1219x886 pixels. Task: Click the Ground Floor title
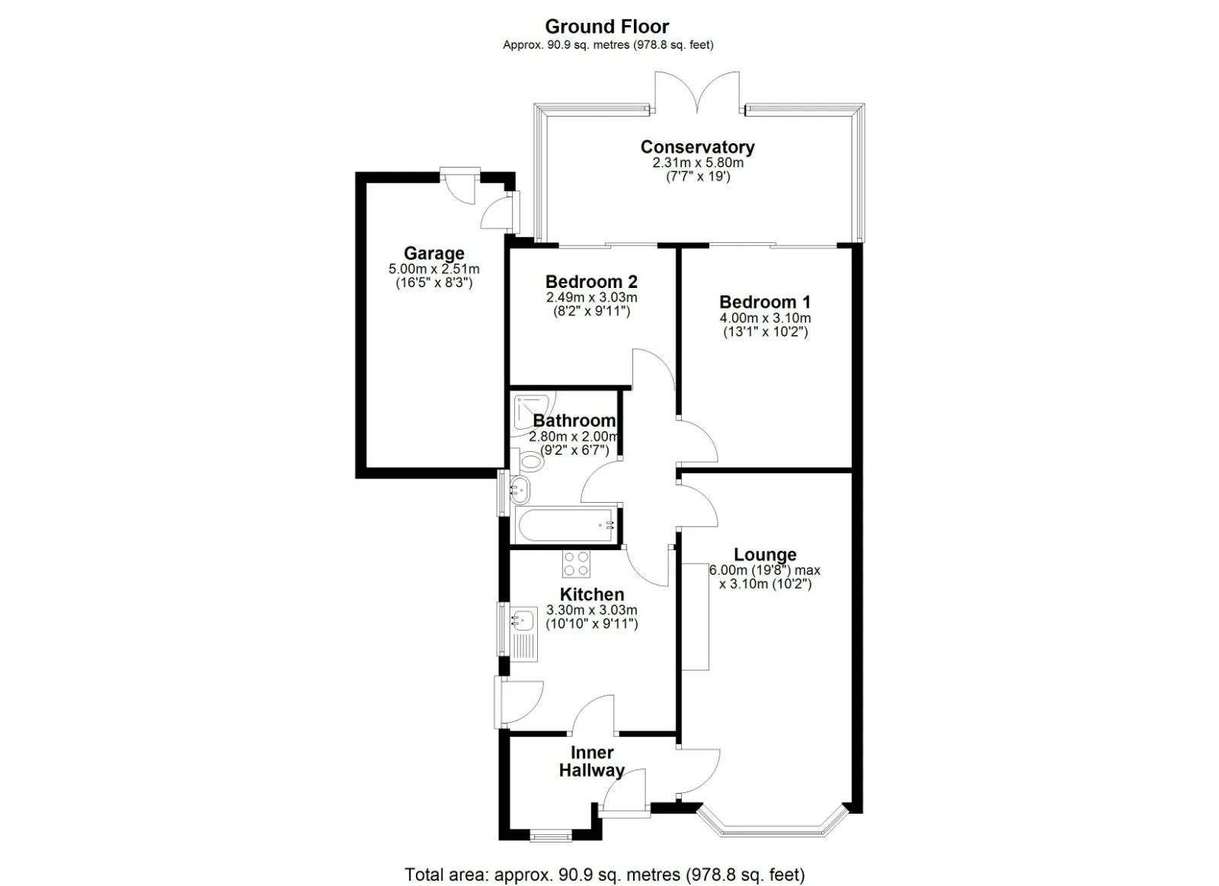coord(606,26)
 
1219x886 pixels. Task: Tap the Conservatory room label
coord(697,147)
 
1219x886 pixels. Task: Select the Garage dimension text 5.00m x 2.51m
coord(434,269)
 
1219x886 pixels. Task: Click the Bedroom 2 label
coord(591,281)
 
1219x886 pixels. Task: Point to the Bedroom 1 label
coord(765,302)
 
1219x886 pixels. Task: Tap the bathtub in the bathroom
coord(566,525)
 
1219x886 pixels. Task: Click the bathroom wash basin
coord(520,491)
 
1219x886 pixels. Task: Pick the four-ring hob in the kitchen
coord(576,563)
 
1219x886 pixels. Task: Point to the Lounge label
coord(765,554)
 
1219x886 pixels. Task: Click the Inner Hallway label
coord(591,761)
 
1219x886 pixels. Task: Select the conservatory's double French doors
coord(697,92)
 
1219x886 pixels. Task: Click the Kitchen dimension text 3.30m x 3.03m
coord(591,610)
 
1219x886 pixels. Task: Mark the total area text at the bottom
coord(605,859)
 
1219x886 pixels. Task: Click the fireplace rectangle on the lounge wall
coord(696,616)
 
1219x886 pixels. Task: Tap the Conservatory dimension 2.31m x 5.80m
coord(698,163)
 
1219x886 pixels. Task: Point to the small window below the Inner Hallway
coord(551,835)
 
